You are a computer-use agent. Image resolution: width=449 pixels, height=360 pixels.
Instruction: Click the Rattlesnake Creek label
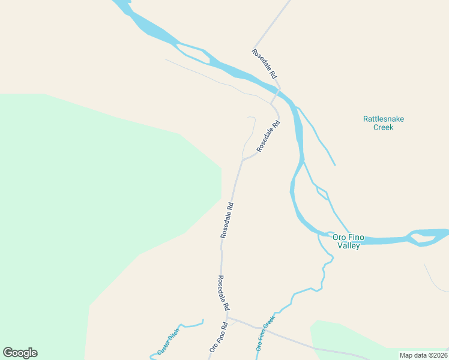pos(383,123)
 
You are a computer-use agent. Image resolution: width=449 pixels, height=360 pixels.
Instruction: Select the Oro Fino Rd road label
pos(218,338)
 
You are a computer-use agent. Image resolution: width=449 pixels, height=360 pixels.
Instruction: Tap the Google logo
pos(20,353)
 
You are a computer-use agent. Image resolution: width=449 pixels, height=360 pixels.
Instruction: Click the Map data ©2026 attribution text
pos(423,355)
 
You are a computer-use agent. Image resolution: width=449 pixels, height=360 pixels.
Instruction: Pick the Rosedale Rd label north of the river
pos(264,64)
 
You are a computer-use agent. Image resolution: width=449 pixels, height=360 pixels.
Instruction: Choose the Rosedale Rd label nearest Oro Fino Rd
pos(223,293)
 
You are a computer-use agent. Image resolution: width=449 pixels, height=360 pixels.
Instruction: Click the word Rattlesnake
pos(383,119)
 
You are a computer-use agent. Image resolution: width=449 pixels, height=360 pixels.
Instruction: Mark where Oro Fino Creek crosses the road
pos(262,328)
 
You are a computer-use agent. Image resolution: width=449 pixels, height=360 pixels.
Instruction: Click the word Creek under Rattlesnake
pos(383,127)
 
